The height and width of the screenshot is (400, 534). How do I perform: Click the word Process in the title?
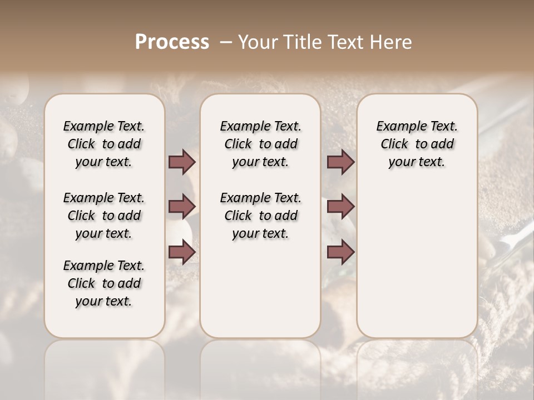pos(172,42)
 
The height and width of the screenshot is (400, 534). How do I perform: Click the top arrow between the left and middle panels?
pos(182,162)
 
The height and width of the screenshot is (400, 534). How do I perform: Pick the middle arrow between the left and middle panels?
pos(182,207)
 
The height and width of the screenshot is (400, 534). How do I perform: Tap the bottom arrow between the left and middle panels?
pos(182,252)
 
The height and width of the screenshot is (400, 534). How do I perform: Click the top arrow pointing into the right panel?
pos(340,162)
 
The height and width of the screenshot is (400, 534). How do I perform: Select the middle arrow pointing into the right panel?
pos(340,207)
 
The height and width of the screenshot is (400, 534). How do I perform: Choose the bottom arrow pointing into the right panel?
pos(340,252)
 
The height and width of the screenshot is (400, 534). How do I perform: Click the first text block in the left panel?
pos(104,144)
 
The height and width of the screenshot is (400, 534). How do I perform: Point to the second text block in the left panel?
pos(104,216)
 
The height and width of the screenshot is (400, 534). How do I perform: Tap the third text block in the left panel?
pos(104,283)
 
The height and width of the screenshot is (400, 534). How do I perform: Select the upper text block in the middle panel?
pos(260,144)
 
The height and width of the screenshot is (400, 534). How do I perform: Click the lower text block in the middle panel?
pos(260,216)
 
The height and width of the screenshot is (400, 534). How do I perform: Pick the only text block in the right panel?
pos(417,144)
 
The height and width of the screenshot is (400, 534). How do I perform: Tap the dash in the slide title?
pos(226,42)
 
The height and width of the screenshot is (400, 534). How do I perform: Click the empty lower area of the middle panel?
pos(260,289)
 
